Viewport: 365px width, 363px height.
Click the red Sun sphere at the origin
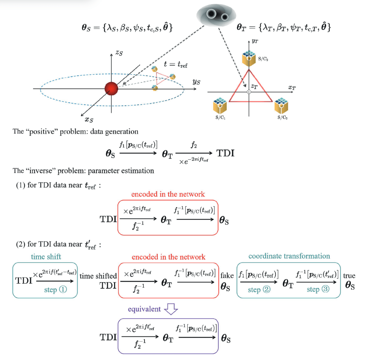pyautogui.click(x=111, y=88)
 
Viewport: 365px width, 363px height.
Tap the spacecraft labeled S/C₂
pyautogui.click(x=249, y=58)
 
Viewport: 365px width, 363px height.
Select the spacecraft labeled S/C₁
pyautogui.click(x=220, y=106)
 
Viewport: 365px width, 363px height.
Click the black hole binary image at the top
pyautogui.click(x=216, y=15)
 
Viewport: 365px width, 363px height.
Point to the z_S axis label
pyautogui.click(x=119, y=53)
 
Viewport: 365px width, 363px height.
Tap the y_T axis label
pyautogui.click(x=255, y=41)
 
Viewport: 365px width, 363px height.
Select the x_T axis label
pyautogui.click(x=292, y=88)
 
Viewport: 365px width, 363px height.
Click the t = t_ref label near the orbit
pyautogui.click(x=175, y=64)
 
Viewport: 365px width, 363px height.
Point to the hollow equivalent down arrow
pyautogui.click(x=171, y=309)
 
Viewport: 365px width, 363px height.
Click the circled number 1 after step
pyautogui.click(x=63, y=289)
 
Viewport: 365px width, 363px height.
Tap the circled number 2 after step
pyautogui.click(x=267, y=289)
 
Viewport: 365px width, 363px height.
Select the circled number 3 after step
pyautogui.click(x=326, y=289)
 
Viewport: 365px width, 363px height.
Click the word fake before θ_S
pyautogui.click(x=227, y=275)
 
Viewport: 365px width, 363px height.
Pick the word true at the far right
pyautogui.click(x=349, y=276)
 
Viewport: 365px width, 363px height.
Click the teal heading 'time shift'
pyautogui.click(x=46, y=257)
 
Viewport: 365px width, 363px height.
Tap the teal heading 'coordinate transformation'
pyautogui.click(x=289, y=256)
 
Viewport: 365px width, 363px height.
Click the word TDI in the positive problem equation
pyautogui.click(x=225, y=153)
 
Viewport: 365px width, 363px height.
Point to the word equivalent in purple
pyautogui.click(x=144, y=309)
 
